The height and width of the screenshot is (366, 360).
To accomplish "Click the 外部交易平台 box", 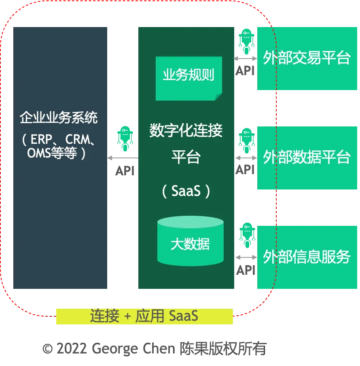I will pyautogui.click(x=307, y=58).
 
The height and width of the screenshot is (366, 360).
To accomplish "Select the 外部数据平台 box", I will pyautogui.click(x=307, y=158).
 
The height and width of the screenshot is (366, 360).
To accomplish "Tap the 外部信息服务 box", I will pyautogui.click(x=307, y=257).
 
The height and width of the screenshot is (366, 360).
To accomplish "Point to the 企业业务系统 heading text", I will pyautogui.click(x=59, y=118).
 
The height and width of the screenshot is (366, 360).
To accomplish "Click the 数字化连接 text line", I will pyautogui.click(x=186, y=131).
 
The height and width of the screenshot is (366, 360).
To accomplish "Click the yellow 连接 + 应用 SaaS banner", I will pyautogui.click(x=144, y=316).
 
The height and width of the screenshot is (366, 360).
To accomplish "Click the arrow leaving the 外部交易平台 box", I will pyautogui.click(x=245, y=59).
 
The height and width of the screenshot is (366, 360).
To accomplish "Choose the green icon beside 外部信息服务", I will pyautogui.click(x=246, y=235).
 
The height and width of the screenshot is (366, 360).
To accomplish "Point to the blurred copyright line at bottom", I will pyautogui.click(x=154, y=348).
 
